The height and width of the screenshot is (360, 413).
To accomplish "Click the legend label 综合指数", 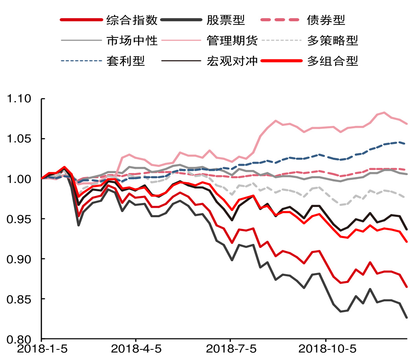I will pyautogui.click(x=132, y=20).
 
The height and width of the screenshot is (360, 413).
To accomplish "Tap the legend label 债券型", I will pyautogui.click(x=326, y=20).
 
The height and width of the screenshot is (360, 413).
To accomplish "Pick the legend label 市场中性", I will pyautogui.click(x=132, y=40).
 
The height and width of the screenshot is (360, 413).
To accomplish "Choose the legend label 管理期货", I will pyautogui.click(x=232, y=40).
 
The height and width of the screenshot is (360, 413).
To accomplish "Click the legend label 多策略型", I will pyautogui.click(x=332, y=40).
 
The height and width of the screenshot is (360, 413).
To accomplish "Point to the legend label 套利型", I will pyautogui.click(x=125, y=61).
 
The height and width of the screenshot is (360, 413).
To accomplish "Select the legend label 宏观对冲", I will pyautogui.click(x=232, y=61).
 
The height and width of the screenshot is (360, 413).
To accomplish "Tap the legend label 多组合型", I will pyautogui.click(x=332, y=61).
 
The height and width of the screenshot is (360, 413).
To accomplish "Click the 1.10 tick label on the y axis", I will pyautogui.click(x=20, y=99).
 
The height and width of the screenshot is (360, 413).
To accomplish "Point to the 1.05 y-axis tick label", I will pyautogui.click(x=20, y=139).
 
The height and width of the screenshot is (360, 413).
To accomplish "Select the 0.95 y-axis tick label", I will pyautogui.click(x=20, y=219).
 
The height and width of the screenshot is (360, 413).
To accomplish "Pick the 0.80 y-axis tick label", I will pyautogui.click(x=20, y=339).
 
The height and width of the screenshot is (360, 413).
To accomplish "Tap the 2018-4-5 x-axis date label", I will pyautogui.click(x=136, y=349).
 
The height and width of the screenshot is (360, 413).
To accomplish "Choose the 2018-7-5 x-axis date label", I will pyautogui.click(x=230, y=349).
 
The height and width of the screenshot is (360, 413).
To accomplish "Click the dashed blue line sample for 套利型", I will pyautogui.click(x=80, y=61).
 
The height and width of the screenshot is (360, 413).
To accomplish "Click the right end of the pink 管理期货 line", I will pyautogui.click(x=407, y=124).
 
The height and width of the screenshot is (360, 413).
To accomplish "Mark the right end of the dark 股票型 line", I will pyautogui.click(x=407, y=317).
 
